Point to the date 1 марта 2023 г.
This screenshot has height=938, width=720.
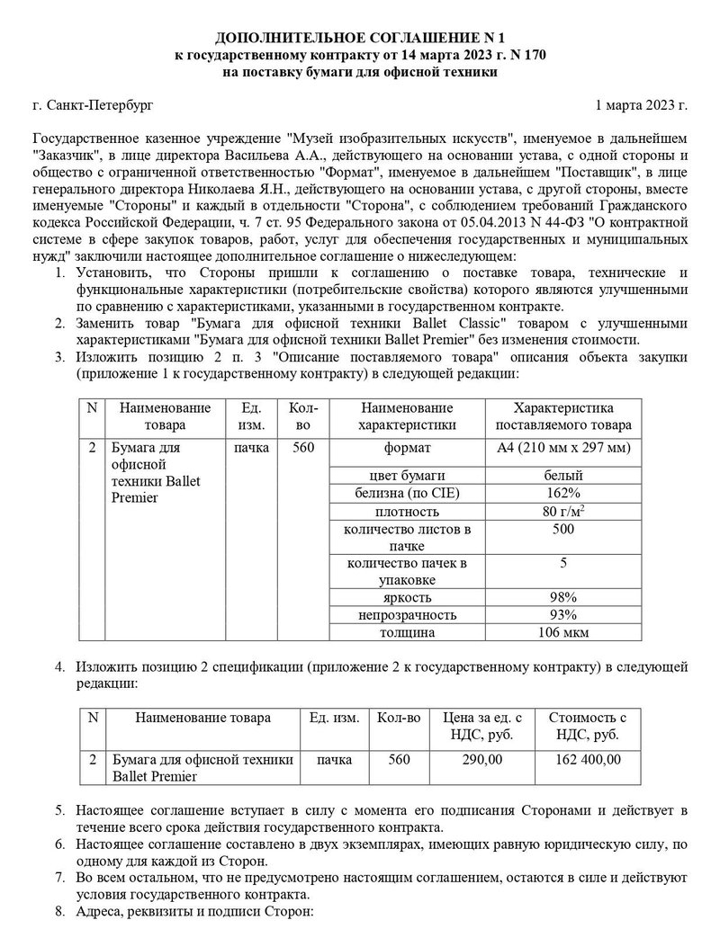pos(641,105)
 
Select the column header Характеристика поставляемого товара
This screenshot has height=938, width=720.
pos(562,415)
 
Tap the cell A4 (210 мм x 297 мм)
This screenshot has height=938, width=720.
pos(562,447)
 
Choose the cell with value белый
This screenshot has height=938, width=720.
pos(562,475)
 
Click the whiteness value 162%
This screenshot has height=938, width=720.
pos(562,493)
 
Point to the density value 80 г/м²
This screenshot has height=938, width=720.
pos(562,512)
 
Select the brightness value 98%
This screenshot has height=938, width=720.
pos(562,597)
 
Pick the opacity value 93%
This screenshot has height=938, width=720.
pos(562,615)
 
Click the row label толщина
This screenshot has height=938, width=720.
pos(407,632)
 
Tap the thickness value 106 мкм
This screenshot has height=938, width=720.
pos(562,632)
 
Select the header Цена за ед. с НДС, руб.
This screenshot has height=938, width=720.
pos(482,726)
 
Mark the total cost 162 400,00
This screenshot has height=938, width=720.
pos(588,760)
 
